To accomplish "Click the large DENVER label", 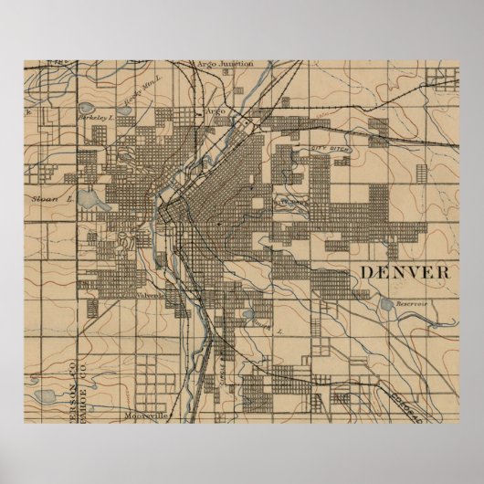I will click(407, 273).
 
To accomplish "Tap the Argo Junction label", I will click(225, 64).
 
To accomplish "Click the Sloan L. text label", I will click(48, 195).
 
